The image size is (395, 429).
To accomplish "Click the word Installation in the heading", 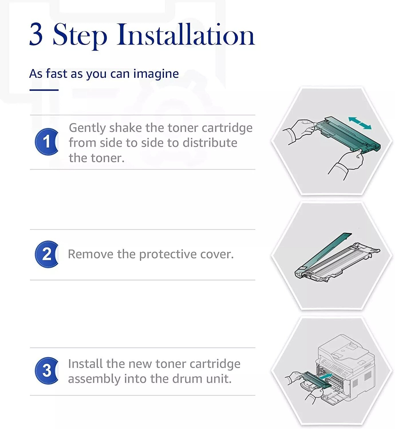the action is pyautogui.click(x=185, y=34).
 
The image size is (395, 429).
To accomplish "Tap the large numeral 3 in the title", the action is pyautogui.click(x=36, y=34).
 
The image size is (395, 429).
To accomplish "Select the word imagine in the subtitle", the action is pyautogui.click(x=156, y=74).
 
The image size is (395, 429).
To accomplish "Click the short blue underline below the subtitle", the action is pyautogui.click(x=44, y=90).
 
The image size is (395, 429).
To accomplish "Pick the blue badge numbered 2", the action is pyautogui.click(x=47, y=254).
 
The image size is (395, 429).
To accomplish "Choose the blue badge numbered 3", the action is pyautogui.click(x=47, y=371).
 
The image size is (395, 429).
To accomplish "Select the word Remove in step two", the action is pyautogui.click(x=90, y=254).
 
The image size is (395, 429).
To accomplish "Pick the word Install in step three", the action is pyautogui.click(x=85, y=364).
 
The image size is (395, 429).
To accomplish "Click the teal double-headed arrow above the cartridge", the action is pyautogui.click(x=360, y=123).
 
